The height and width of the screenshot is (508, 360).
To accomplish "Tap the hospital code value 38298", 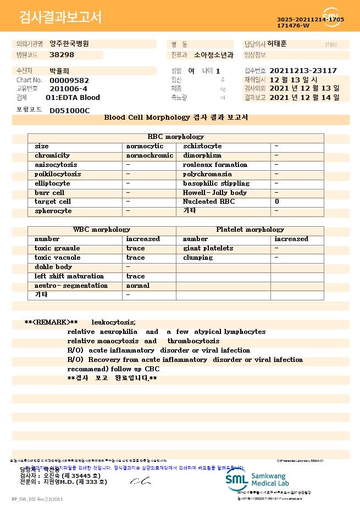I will point(62,55).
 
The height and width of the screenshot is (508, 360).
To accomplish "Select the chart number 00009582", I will point(69,80).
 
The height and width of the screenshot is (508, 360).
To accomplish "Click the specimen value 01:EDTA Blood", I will point(73,98).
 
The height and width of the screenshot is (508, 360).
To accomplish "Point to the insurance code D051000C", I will point(69,110).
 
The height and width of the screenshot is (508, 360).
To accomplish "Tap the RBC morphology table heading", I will point(175,137).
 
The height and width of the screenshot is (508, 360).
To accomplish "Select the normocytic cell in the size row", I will point(145,146).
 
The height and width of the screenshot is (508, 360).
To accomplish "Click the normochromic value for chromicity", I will point(149,155).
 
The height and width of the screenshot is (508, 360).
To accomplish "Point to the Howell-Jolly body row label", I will point(214,193).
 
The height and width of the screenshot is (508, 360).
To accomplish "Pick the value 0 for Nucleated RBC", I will point(276,202).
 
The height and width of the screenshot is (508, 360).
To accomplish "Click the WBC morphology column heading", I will point(102,230).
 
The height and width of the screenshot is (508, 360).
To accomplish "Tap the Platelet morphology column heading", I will point(250,230).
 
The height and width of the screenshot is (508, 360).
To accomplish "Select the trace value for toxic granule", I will point(135,248).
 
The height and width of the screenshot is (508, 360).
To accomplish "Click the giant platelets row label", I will point(208,248).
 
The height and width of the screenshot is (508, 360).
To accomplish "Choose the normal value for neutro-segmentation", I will point(137,286).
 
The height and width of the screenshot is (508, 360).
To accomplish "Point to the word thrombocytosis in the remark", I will point(193,341).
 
